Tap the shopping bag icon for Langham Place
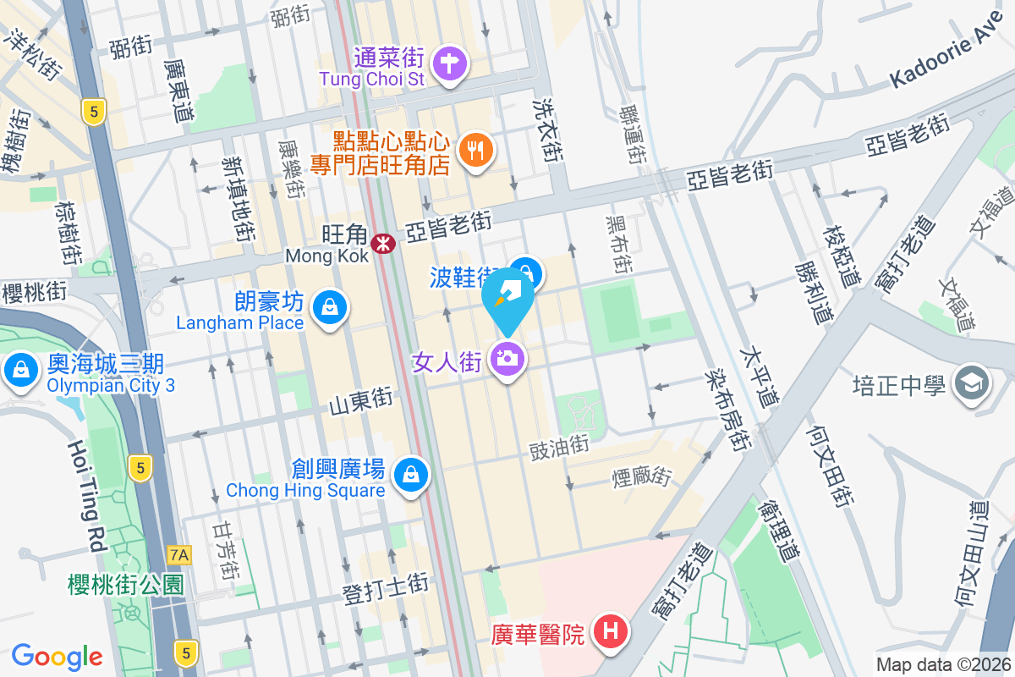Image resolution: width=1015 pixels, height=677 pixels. point(327,308)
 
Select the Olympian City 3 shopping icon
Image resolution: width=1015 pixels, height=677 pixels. point(19,370)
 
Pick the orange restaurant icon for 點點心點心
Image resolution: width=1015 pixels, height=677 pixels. point(475,151)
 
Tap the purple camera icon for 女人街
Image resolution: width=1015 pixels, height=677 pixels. point(507,359)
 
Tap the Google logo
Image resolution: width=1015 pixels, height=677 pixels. point(57,657)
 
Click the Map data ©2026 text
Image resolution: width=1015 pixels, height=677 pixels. point(942,664)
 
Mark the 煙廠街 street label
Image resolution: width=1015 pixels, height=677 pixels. point(641,478)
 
